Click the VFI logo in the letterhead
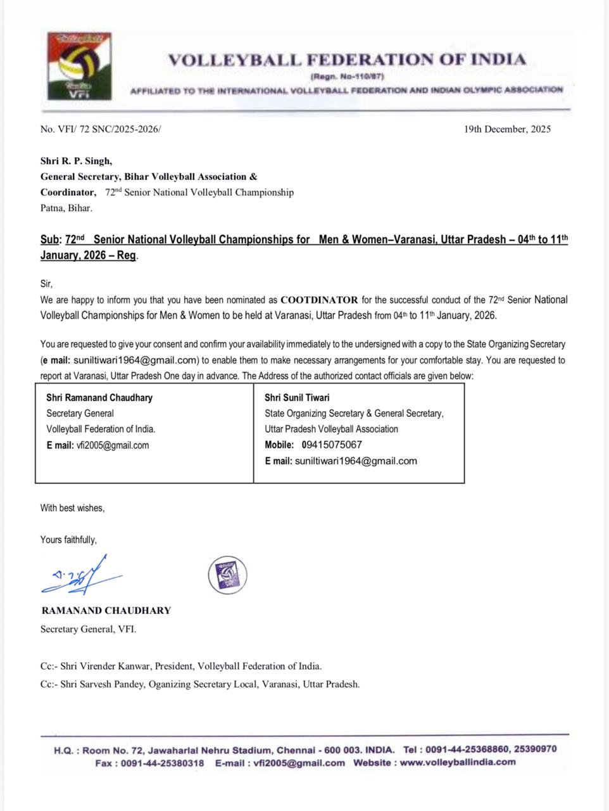coord(80,66)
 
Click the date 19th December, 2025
coord(507,129)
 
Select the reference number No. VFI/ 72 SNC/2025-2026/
coord(101,129)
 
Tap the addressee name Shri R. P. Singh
coord(76,161)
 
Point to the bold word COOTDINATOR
coord(319,300)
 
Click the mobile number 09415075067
coord(332,445)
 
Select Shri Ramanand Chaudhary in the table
coord(99,398)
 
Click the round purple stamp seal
coord(227,575)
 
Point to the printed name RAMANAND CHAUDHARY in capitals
coord(106,611)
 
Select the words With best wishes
coord(72,508)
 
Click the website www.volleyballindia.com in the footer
coord(457,762)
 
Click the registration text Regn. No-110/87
coord(347,77)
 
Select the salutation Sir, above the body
coord(47,284)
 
